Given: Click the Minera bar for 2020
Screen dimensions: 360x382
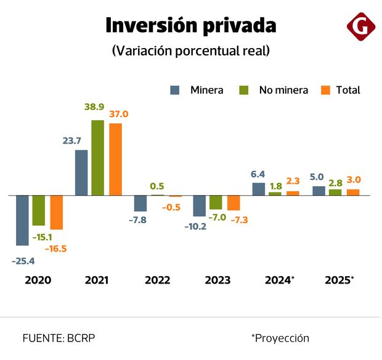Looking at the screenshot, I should click(x=22, y=220).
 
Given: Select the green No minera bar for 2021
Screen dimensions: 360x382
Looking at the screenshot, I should click(x=97, y=157).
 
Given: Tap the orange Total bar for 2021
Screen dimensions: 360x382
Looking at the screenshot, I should click(x=115, y=159).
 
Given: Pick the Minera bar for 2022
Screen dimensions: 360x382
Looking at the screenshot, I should click(x=140, y=203).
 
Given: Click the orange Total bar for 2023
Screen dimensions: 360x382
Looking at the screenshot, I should click(x=234, y=203).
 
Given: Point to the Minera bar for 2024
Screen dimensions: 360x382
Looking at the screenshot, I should click(x=259, y=189).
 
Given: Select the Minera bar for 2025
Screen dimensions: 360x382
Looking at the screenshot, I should click(x=319, y=190).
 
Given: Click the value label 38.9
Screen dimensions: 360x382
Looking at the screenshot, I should click(x=94, y=107).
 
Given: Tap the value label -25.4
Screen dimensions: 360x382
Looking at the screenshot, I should click(x=23, y=261).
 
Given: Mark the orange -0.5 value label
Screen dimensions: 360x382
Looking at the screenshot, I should click(x=171, y=207).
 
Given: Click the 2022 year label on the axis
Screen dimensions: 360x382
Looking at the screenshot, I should click(x=158, y=280).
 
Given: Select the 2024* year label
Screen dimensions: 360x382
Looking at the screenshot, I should click(x=279, y=280).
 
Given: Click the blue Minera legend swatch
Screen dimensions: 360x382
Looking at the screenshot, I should click(x=175, y=90).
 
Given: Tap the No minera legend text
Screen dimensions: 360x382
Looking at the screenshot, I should click(x=283, y=90).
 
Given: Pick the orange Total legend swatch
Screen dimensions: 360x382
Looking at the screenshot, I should click(x=327, y=90).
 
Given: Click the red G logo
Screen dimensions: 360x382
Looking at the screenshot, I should click(x=360, y=27).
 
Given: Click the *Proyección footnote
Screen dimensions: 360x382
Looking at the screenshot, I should click(x=280, y=338).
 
